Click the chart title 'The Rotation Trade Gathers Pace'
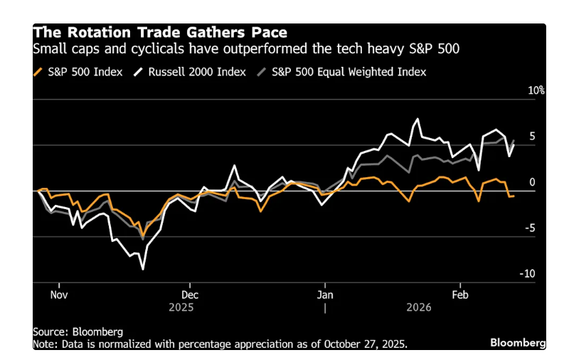click(160, 33)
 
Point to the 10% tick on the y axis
click(536, 91)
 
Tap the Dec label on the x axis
click(190, 293)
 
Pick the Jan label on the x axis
click(325, 293)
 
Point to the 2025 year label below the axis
click(181, 307)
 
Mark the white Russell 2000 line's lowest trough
click(144, 269)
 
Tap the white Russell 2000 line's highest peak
click(417, 119)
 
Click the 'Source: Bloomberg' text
click(78, 332)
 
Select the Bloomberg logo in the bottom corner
click(518, 343)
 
